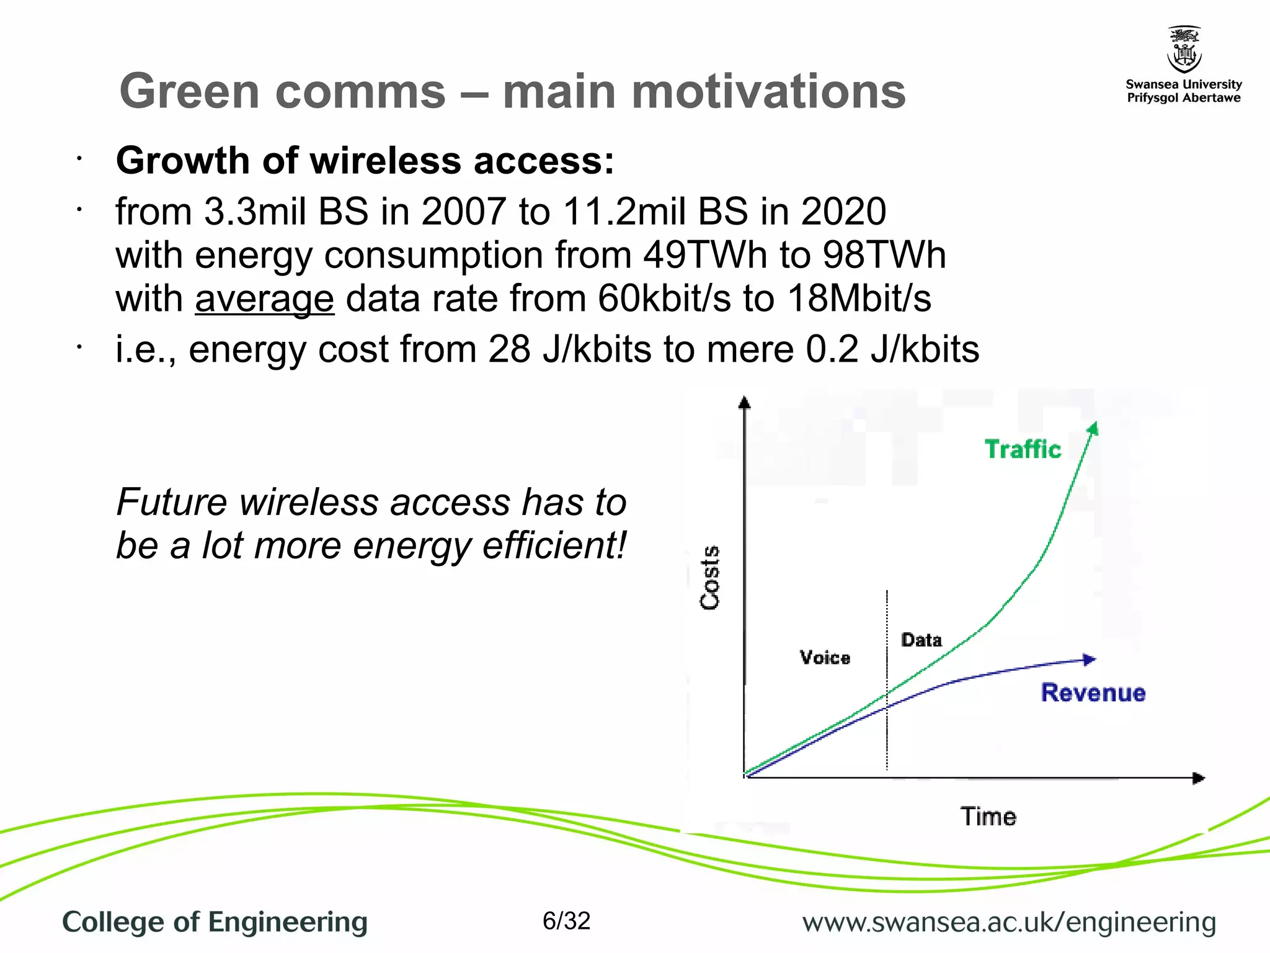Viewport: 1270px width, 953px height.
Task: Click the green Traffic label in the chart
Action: (1023, 449)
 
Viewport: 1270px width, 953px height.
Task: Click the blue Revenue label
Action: (1093, 692)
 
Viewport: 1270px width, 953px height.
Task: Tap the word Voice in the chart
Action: (825, 658)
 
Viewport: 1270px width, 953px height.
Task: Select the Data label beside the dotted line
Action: (921, 640)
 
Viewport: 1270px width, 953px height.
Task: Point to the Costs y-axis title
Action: (710, 578)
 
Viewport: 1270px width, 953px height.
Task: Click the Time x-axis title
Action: (988, 817)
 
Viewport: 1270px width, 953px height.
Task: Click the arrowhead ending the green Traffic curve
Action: (1094, 428)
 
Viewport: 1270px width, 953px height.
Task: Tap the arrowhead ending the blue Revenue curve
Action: (1089, 660)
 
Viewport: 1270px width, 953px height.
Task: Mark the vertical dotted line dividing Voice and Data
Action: (887, 682)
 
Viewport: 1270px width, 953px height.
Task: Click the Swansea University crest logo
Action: (1184, 50)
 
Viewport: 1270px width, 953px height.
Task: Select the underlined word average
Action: (265, 299)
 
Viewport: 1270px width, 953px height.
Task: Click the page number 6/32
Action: (566, 921)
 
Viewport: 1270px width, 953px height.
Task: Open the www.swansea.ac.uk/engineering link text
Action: (1009, 923)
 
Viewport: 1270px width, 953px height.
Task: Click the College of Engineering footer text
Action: (215, 922)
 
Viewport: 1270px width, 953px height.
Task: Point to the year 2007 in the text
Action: (464, 212)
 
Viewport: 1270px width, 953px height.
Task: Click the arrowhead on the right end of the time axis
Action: (1199, 778)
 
